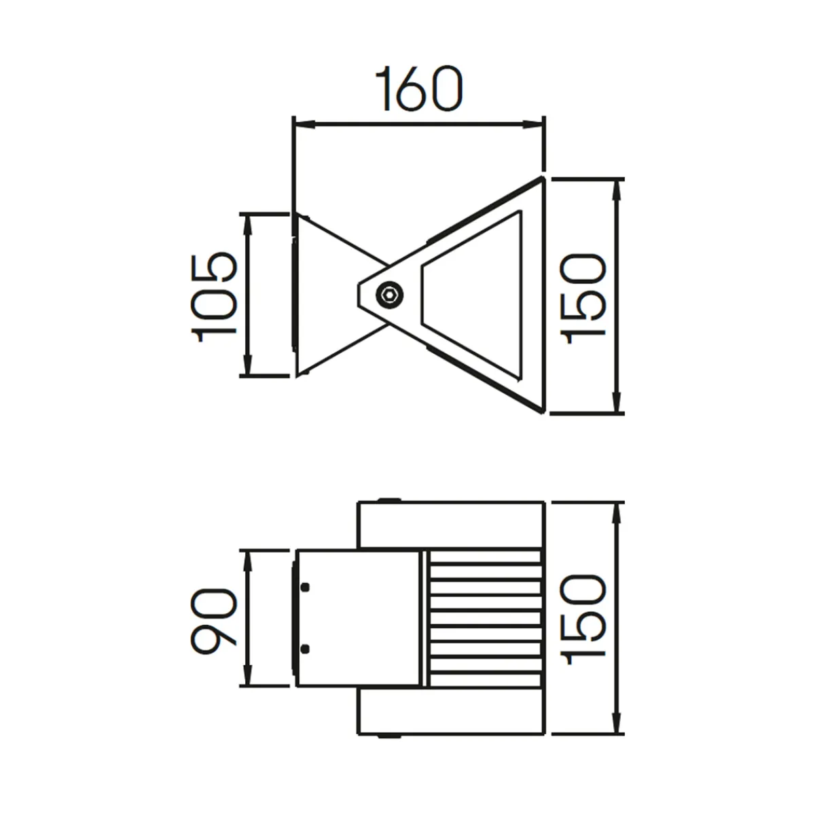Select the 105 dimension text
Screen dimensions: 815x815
(x=215, y=296)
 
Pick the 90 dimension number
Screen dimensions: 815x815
(x=213, y=621)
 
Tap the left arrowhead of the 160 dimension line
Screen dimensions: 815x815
(x=302, y=125)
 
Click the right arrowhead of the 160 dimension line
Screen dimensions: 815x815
(x=535, y=125)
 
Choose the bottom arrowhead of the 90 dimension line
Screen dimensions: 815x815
(x=248, y=678)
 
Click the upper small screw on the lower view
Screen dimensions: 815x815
(x=305, y=587)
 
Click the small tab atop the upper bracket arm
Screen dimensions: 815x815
(x=388, y=501)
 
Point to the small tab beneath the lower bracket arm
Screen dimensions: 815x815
(x=388, y=736)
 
